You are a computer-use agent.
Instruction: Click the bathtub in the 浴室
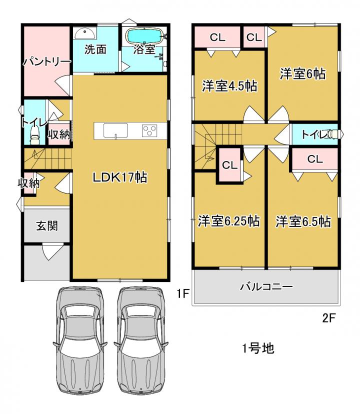[x=144, y=35]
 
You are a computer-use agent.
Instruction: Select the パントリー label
[x=46, y=62]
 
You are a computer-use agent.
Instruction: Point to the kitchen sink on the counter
[x=115, y=130]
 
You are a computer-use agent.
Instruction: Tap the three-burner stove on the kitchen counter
[x=150, y=130]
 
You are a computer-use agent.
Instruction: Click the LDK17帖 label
[x=120, y=177]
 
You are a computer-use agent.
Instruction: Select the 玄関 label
[x=46, y=226]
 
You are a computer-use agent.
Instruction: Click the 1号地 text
[x=258, y=348]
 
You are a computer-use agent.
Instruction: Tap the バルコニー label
[x=266, y=286]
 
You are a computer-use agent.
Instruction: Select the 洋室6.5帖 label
[x=303, y=221]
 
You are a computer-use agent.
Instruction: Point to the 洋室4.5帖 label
[x=229, y=86]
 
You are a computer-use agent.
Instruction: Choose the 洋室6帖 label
[x=302, y=73]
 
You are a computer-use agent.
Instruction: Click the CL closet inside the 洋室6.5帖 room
[x=315, y=159]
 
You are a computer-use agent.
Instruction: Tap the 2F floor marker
[x=329, y=318]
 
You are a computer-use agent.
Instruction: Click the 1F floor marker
[x=183, y=293]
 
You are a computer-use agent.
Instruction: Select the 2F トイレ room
[x=315, y=134]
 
